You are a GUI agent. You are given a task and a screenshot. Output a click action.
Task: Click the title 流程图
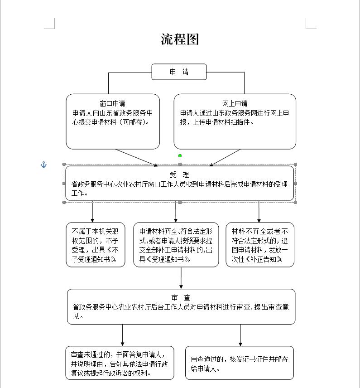(180, 39)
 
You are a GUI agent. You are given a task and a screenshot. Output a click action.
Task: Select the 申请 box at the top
(179, 72)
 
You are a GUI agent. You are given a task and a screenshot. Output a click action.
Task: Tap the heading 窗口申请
(113, 103)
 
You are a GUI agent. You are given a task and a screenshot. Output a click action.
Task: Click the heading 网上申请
(235, 103)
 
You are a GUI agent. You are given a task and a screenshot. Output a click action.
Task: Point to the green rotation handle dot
(180, 155)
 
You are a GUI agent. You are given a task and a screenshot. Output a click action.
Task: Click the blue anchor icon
(44, 165)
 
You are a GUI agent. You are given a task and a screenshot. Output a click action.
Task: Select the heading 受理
(179, 175)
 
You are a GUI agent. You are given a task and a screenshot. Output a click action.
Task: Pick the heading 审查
(181, 297)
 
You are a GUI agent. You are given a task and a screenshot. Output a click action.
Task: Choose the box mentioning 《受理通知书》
(176, 245)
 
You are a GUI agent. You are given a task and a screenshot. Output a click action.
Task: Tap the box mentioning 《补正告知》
(259, 245)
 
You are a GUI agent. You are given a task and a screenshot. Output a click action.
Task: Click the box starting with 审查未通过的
(120, 363)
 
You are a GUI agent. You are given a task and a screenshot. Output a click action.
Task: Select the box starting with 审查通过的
(240, 363)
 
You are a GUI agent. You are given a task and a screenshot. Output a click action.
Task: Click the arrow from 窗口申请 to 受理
(136, 157)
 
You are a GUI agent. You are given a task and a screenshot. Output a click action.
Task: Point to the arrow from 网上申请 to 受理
(225, 157)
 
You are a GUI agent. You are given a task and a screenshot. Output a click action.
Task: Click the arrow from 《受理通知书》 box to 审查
(181, 278)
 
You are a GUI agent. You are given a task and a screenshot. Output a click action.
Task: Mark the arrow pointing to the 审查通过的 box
(240, 335)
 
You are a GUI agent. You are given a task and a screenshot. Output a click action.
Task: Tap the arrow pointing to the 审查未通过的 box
(122, 335)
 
